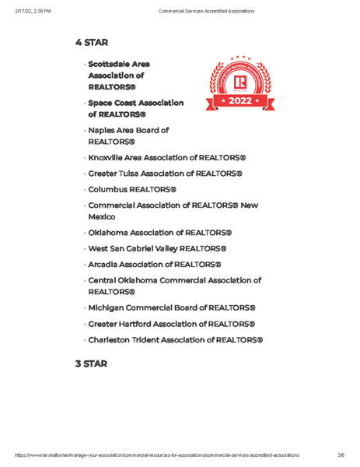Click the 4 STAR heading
tap(91, 42)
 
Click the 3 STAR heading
tap(91, 363)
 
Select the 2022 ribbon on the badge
tap(239, 101)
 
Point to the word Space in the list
tap(102, 103)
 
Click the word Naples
tap(103, 130)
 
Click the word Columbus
tap(110, 189)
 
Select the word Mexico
tap(102, 217)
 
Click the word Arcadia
tap(106, 265)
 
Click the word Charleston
tap(114, 340)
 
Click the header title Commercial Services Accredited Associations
tap(205, 11)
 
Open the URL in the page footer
tap(156, 455)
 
